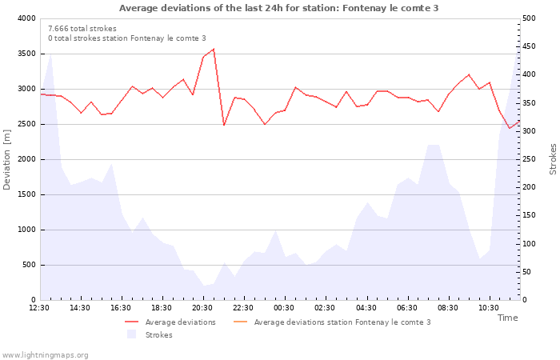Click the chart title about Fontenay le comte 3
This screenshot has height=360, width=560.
278,8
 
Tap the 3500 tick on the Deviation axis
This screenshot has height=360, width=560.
26,54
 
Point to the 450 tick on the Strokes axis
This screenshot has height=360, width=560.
529,46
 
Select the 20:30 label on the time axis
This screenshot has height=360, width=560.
202,308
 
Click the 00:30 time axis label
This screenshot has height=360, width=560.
284,308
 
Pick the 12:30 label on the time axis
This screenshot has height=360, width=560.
39,308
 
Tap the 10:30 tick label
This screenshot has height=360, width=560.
489,308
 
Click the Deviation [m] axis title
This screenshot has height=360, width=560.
6,160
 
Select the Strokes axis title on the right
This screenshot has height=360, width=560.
553,159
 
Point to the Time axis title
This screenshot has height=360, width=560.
507,318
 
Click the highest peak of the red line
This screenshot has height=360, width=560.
214,49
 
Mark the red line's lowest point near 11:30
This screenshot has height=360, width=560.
510,128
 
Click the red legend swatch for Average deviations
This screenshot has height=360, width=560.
131,322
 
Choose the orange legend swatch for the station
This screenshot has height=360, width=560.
240,322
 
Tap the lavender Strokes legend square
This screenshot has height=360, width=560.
131,334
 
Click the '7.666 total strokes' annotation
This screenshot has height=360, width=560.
82,29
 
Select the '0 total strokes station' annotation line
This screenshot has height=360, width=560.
127,38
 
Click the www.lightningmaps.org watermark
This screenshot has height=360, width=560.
45,355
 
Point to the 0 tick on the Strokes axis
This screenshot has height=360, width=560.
525,300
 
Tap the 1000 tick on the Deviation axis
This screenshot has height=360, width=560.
26,230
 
